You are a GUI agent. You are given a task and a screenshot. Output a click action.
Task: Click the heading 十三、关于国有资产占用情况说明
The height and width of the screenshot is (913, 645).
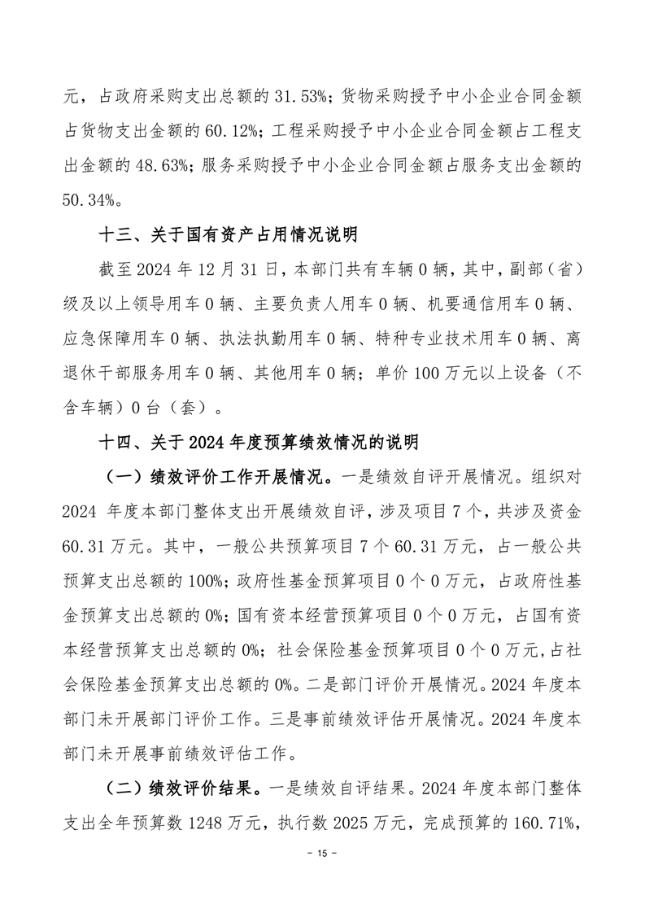228,236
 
